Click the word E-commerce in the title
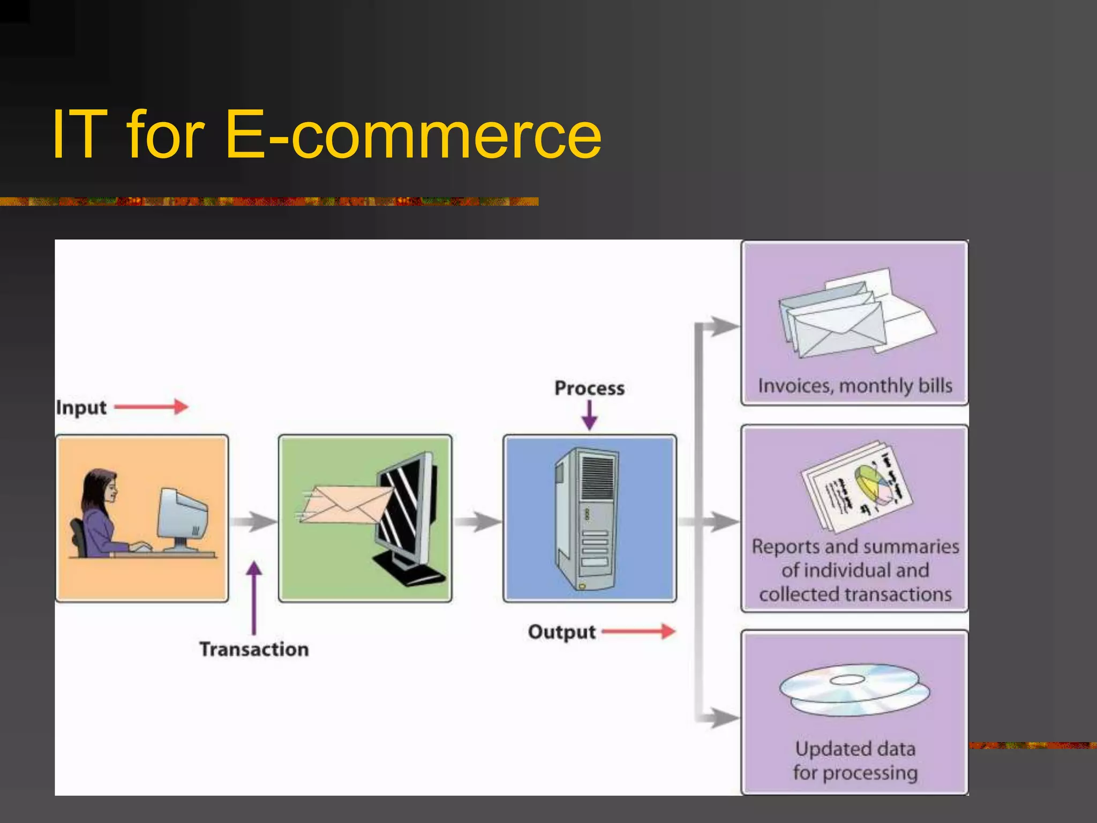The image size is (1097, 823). coord(413,135)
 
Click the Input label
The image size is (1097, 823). coord(81,408)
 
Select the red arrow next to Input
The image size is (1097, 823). coord(151,407)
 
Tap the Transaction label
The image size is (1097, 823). coord(254,649)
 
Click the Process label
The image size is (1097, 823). coord(589,388)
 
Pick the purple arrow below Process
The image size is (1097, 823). coord(589,415)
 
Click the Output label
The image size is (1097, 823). coord(561,632)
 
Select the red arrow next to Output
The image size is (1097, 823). coord(638,631)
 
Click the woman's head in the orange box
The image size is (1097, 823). coord(102,487)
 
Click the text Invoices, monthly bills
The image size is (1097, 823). coord(855,386)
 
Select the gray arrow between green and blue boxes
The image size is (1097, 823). coord(477,521)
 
